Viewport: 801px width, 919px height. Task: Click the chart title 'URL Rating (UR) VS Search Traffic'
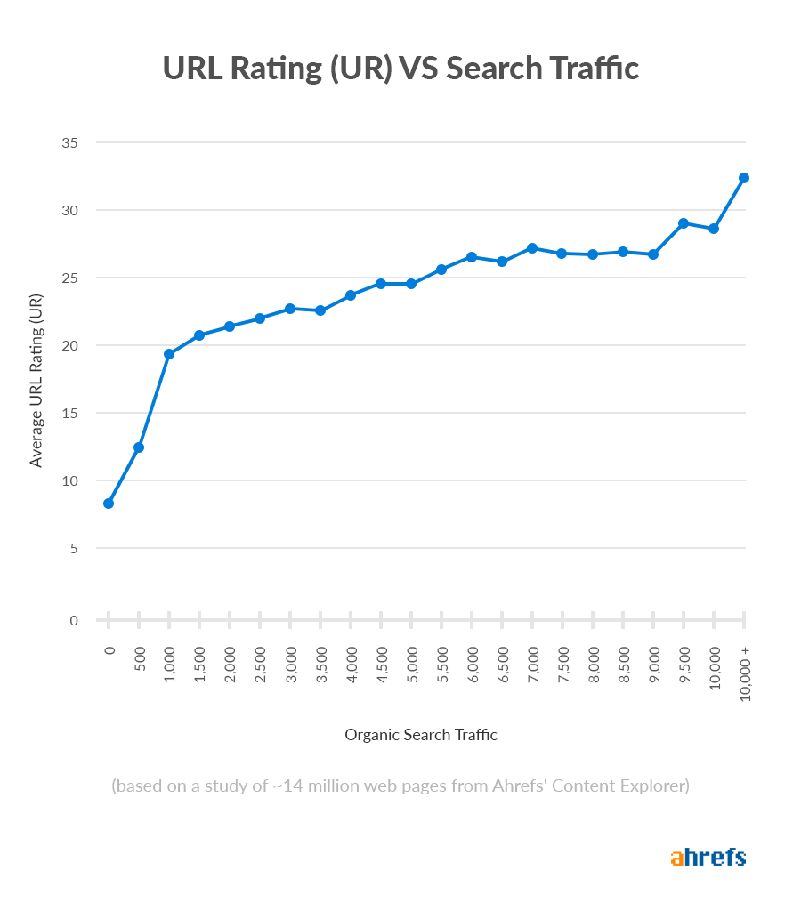400,69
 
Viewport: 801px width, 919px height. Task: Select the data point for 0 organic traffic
109,504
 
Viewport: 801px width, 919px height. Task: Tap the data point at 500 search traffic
139,447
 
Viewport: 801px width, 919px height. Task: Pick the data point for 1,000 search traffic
169,354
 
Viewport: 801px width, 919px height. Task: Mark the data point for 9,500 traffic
684,223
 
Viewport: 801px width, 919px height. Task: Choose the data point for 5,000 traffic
411,284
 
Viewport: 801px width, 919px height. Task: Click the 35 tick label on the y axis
70,142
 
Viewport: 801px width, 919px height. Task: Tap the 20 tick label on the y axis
70,345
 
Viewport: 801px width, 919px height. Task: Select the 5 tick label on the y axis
75,548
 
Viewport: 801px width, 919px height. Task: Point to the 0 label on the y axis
75,620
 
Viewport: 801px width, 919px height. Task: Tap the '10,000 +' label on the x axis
745,673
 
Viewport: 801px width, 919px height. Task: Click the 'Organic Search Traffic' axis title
421,735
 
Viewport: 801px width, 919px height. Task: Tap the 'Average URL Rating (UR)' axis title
36,382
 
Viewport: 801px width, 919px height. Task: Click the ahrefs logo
708,858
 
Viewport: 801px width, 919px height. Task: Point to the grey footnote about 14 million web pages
400,786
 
